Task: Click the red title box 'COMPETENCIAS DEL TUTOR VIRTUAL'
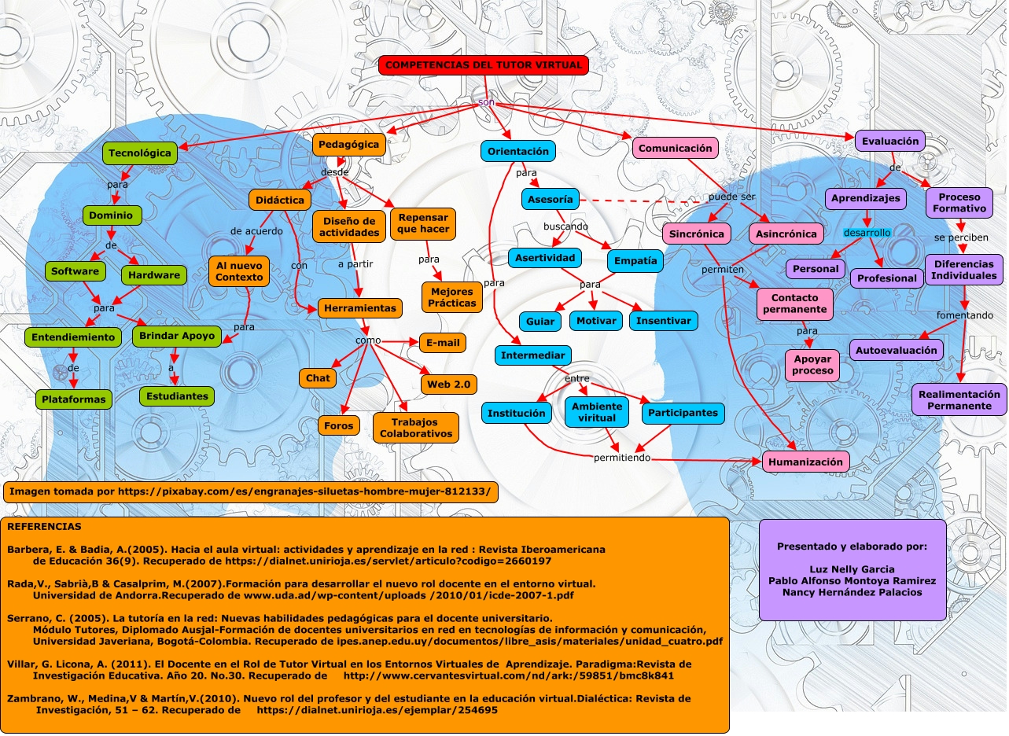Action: [484, 66]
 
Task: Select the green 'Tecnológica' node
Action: [140, 153]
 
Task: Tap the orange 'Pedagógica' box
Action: [349, 145]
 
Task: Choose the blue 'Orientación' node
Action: [518, 151]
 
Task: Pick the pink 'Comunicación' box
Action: [675, 148]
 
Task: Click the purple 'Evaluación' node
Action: [889, 142]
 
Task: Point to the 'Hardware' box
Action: [154, 275]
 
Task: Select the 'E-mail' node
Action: [442, 343]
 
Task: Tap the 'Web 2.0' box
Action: [448, 385]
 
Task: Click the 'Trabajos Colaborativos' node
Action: [416, 428]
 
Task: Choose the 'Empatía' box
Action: [635, 260]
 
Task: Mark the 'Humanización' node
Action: [805, 462]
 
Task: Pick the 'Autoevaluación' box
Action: [896, 350]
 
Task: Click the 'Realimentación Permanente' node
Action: [959, 400]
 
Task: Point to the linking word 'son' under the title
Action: [486, 103]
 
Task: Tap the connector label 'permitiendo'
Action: [621, 458]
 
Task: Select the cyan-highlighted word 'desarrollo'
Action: [867, 233]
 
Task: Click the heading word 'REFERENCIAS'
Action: [44, 526]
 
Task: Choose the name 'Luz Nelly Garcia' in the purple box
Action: [852, 569]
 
